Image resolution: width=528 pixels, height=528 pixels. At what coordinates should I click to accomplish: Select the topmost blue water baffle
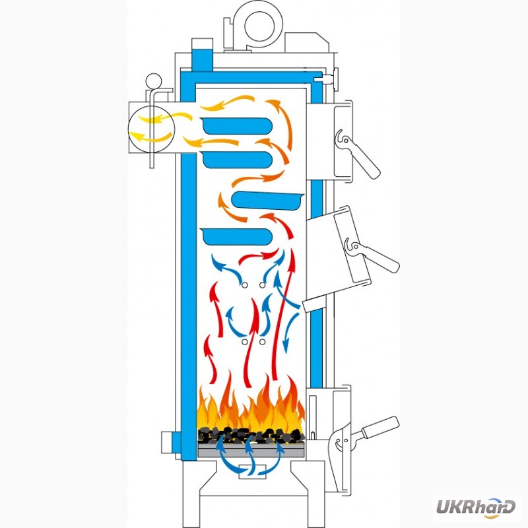238,126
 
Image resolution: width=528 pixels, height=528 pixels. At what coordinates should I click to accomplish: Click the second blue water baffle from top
238,160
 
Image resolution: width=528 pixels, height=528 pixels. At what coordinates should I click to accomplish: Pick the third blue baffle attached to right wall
268,201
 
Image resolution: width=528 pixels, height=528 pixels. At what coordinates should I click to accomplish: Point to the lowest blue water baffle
236,236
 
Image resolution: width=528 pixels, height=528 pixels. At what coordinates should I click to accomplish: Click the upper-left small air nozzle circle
245,285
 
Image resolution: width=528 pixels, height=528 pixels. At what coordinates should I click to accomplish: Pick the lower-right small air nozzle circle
262,342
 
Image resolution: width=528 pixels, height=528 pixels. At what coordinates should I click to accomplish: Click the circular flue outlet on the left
152,129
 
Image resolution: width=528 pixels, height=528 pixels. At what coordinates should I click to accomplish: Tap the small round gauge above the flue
154,81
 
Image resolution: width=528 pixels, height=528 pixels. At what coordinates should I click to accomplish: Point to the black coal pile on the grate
251,435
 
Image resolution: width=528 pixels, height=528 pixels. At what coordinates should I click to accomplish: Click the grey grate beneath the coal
251,450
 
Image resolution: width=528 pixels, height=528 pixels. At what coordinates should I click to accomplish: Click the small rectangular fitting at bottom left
168,442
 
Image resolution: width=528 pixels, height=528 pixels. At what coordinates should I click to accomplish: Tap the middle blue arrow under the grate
249,455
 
